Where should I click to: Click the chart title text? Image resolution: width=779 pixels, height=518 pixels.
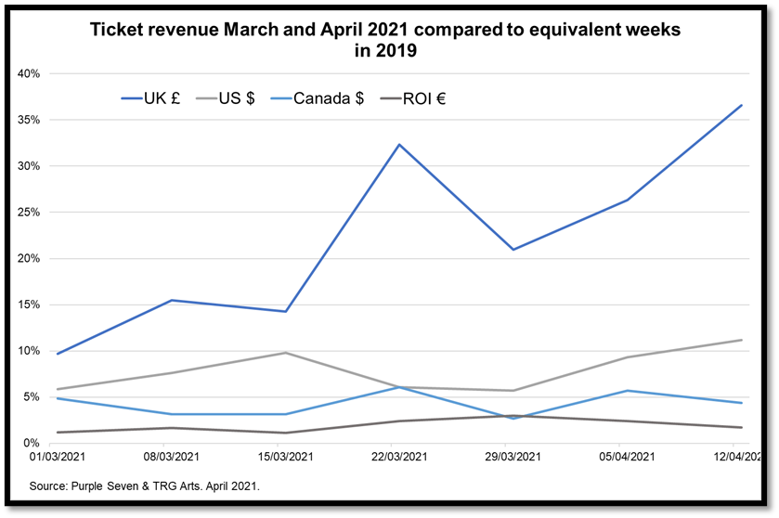384,40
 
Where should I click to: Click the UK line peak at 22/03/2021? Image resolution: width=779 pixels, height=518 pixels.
398,145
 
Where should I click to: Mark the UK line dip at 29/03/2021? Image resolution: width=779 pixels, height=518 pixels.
513,250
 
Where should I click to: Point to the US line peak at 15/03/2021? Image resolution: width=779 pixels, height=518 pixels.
285,353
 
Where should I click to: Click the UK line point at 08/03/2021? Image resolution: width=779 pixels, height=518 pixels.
172,300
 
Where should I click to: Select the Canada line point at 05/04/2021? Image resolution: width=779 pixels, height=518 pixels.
627,391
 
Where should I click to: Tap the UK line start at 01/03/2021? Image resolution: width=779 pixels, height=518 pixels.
58,354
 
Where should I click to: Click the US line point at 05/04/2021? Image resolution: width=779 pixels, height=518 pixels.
627,357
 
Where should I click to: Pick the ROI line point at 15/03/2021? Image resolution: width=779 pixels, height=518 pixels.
285,433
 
